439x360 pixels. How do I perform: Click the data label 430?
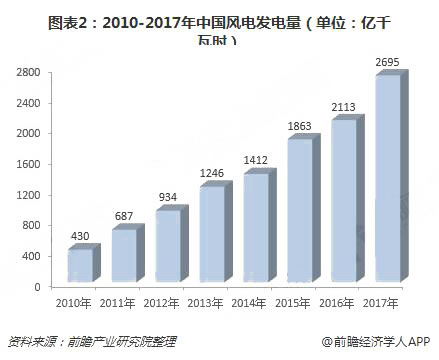click(80, 237)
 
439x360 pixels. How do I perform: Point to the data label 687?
click(124, 217)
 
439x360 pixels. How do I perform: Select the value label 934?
click(168, 197)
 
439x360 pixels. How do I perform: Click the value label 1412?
click(258, 159)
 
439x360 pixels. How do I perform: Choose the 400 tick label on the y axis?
click(32, 256)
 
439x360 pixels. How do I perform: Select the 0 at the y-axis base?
click(38, 287)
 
